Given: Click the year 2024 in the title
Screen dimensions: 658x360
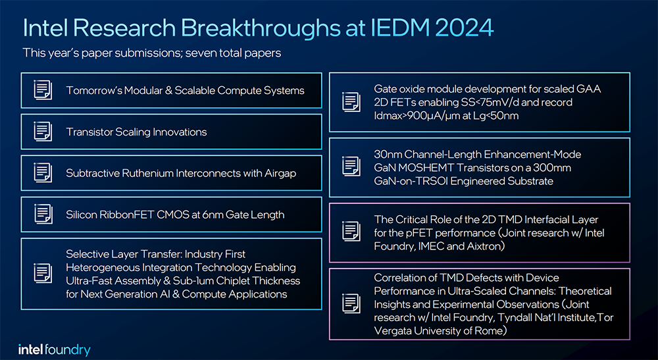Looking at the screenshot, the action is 464,28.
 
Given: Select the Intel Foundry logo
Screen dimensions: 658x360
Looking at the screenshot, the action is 54,349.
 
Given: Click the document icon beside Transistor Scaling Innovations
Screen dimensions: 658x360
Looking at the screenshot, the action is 43,132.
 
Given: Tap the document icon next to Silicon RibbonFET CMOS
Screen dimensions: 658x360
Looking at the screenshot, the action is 43,215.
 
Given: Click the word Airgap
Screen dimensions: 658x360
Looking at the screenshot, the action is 280,174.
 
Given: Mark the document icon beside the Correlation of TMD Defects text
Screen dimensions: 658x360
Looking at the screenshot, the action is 351,303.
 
